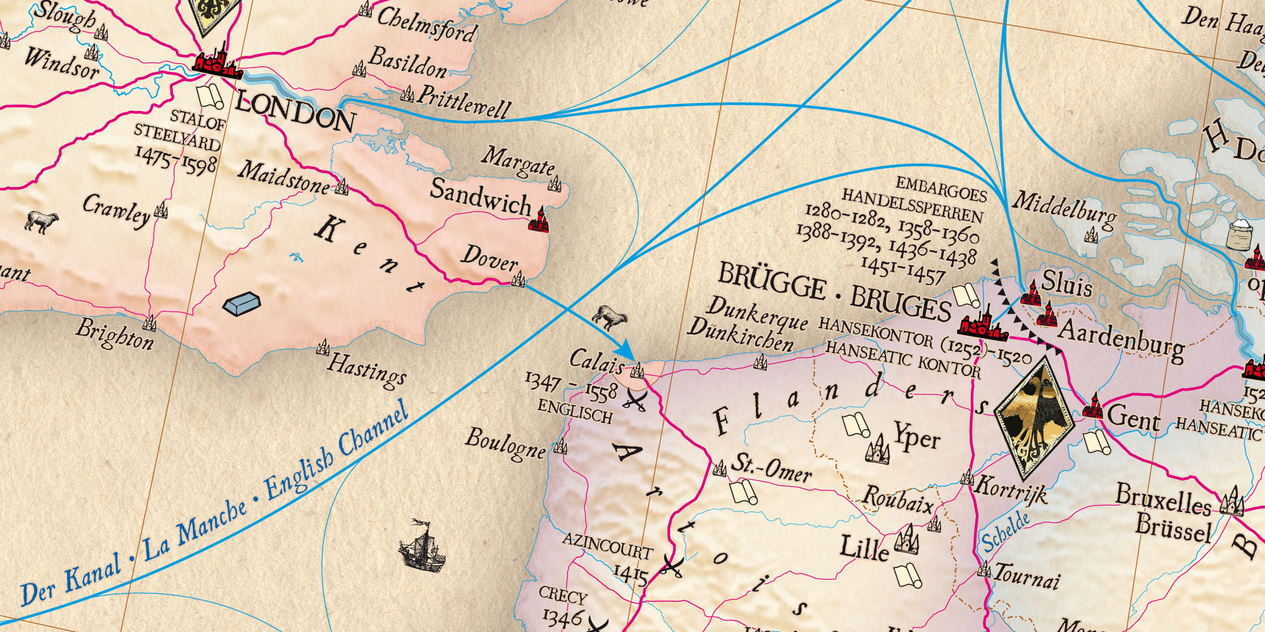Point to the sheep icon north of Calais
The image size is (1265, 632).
point(610,317)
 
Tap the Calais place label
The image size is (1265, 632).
point(596,361)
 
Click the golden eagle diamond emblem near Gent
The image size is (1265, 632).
point(1034,417)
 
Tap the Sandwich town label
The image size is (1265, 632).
point(481,196)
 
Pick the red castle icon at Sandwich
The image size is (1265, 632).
point(541,219)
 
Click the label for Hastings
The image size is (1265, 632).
point(367,371)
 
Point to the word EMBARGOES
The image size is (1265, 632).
point(941,188)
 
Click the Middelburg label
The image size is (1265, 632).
point(1064,209)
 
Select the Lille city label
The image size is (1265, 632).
point(864,548)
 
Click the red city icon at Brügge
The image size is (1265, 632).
point(982,324)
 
